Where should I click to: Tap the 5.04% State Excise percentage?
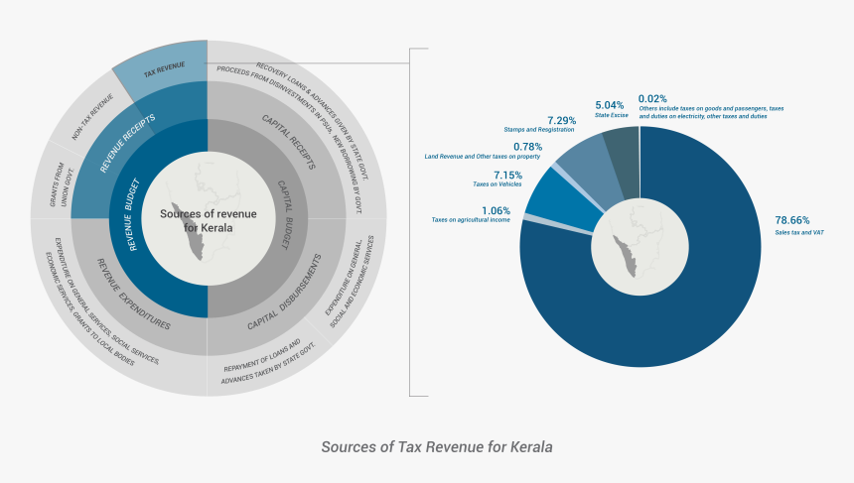610,104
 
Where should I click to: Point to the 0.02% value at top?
652,98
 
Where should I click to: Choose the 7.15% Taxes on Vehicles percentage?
507,175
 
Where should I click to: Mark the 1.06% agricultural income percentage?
496,210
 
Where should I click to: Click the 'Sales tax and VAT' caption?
799,233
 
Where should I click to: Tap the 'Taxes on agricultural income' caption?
470,220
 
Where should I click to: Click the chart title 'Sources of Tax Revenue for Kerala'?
437,447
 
